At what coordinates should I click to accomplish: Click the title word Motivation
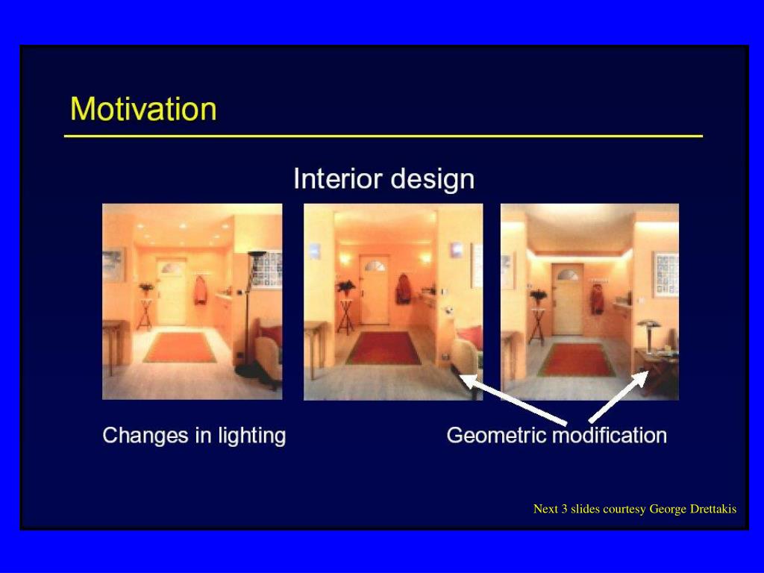(143, 109)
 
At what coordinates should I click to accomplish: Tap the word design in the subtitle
(433, 179)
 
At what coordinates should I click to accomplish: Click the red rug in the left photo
(179, 347)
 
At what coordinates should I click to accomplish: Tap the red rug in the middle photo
(383, 348)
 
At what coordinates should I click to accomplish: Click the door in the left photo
(171, 292)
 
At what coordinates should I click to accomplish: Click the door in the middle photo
(375, 289)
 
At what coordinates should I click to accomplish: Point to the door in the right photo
(567, 299)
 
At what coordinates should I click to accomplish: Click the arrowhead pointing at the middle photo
(467, 380)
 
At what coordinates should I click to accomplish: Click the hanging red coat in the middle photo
(403, 289)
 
